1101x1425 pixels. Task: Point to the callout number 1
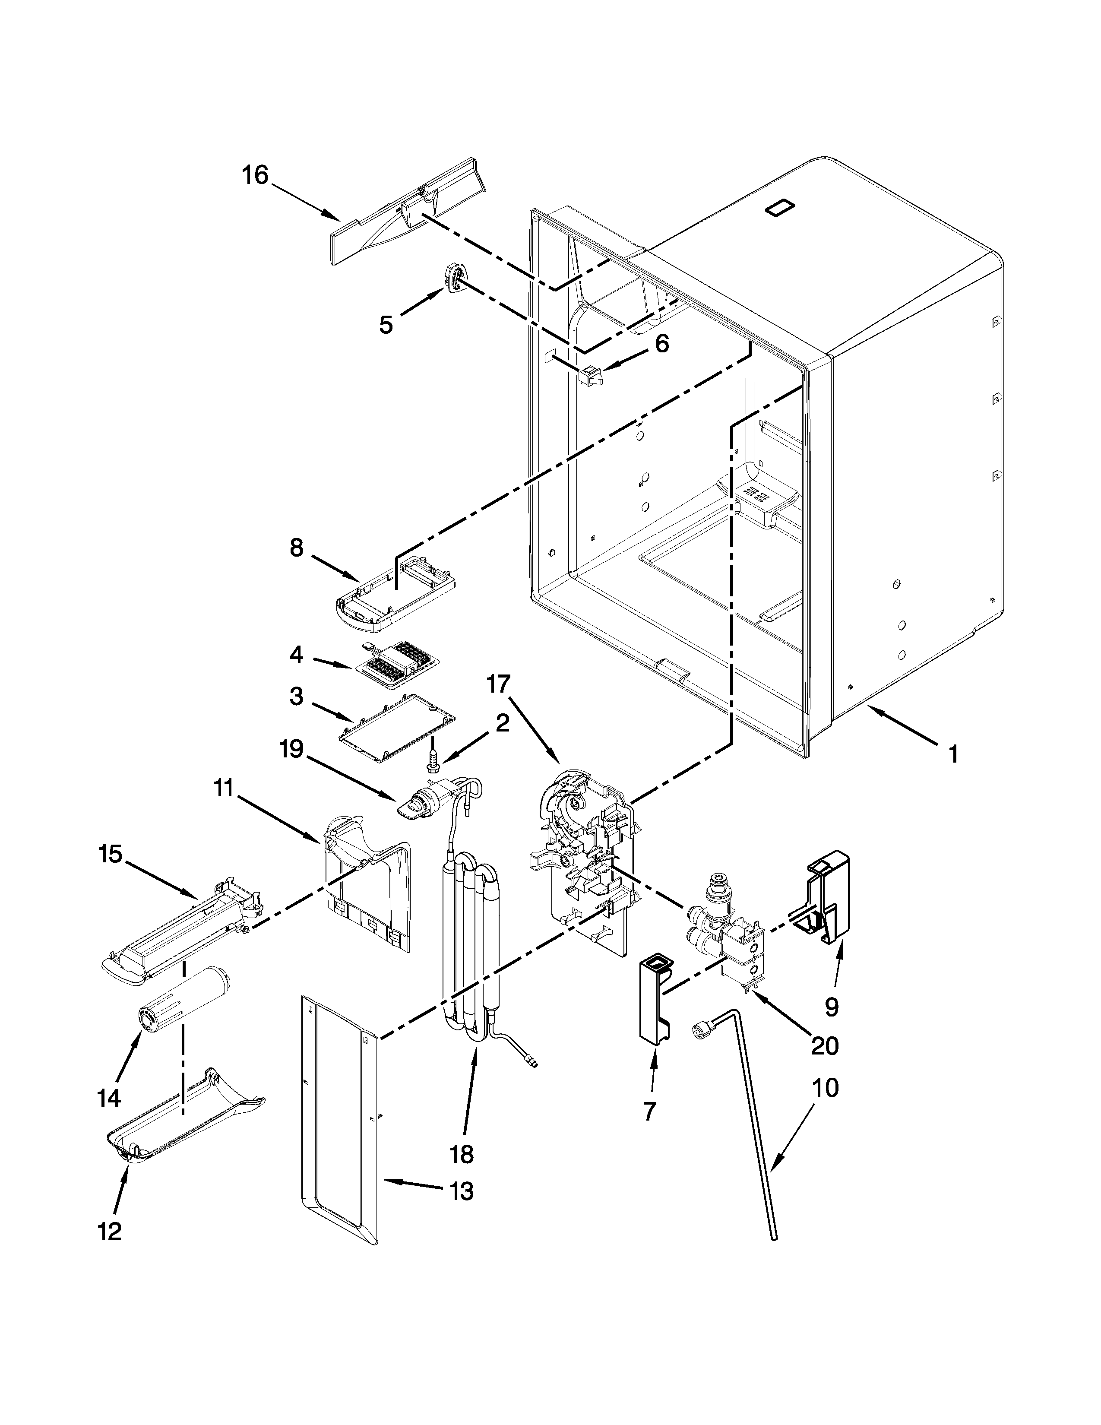coord(953,755)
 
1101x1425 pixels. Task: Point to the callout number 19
coord(291,749)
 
